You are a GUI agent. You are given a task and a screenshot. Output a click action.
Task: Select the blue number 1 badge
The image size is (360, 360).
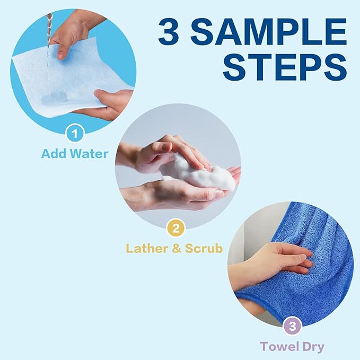tap(75, 133)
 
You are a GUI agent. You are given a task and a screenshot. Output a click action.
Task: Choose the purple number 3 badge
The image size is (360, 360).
tap(292, 327)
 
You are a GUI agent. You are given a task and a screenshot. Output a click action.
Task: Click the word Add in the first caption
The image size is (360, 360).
tap(55, 154)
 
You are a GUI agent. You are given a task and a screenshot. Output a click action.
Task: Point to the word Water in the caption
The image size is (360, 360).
tap(90, 154)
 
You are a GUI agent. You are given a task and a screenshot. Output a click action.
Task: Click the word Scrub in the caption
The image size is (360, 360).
tap(203, 248)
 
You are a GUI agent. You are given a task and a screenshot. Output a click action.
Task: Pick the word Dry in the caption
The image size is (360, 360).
tap(312, 347)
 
